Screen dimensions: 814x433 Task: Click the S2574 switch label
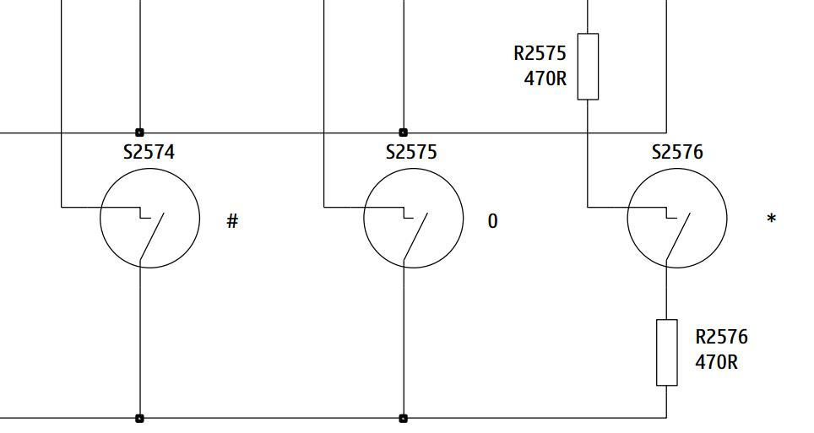(149, 152)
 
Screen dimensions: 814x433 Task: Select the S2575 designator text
(412, 152)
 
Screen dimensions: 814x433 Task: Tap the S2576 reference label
(677, 152)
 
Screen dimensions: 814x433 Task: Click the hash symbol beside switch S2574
(232, 222)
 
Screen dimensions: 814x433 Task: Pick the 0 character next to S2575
(492, 221)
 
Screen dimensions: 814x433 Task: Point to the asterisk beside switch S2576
(772, 219)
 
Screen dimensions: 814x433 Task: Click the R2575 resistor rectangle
(588, 67)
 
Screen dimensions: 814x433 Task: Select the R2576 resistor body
(666, 353)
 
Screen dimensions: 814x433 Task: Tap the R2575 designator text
(540, 53)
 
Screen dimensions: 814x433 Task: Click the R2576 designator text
(722, 337)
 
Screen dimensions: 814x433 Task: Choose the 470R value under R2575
(545, 78)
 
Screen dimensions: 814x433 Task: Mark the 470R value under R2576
(716, 362)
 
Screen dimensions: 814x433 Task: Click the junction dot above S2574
(139, 133)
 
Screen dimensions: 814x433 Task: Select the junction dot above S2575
(403, 133)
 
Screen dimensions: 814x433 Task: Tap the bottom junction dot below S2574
(139, 418)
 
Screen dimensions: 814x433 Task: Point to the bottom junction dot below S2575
(403, 418)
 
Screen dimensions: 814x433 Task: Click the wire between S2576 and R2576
(666, 294)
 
